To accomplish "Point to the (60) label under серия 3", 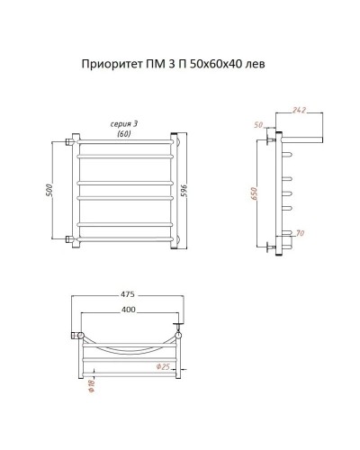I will coord(123,133).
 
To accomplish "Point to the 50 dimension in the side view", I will coord(259,126).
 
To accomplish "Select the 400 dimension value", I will coord(129,310).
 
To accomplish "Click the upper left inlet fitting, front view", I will coord(70,141).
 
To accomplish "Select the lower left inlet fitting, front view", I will coord(70,239).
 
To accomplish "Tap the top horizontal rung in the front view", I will coord(125,141).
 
